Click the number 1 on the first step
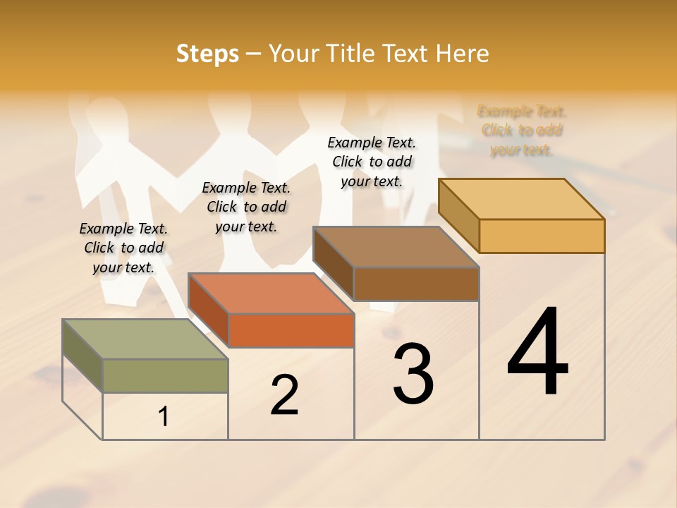pos(164,417)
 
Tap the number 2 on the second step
pos(284,394)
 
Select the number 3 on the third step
pos(413,374)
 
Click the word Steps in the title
pos(207,54)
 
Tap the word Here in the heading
pos(462,54)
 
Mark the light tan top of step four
pos(521,198)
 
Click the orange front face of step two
pos(291,330)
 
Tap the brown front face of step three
pos(416,284)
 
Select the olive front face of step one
pos(165,375)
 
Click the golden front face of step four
pos(542,236)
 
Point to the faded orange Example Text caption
pos(522,131)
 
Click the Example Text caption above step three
pos(372,162)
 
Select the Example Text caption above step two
pos(246,207)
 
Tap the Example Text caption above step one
pos(123,248)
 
